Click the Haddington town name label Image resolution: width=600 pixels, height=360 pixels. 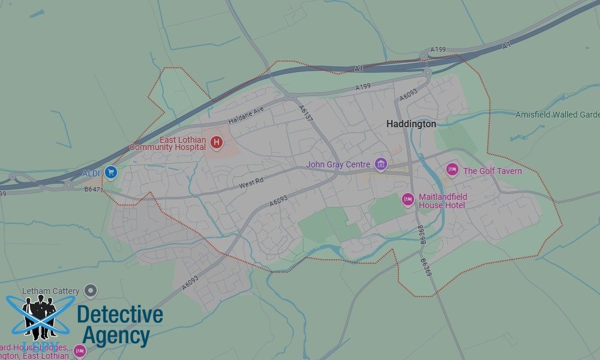411,124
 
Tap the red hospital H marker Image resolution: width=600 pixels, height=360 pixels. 217,143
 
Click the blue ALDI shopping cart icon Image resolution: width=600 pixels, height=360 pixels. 110,173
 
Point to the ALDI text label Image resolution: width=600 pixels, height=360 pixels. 91,173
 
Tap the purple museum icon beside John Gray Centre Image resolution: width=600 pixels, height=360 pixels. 380,164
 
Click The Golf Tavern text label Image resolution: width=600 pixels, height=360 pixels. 492,171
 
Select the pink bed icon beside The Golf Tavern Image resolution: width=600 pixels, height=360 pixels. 452,170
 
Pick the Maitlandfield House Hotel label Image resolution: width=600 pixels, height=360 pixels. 443,201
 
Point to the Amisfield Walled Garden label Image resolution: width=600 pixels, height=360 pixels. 557,115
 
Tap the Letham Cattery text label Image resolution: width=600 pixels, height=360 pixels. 50,291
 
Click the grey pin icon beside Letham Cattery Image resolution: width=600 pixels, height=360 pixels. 91,291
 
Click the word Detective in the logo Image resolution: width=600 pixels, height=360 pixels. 120,314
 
